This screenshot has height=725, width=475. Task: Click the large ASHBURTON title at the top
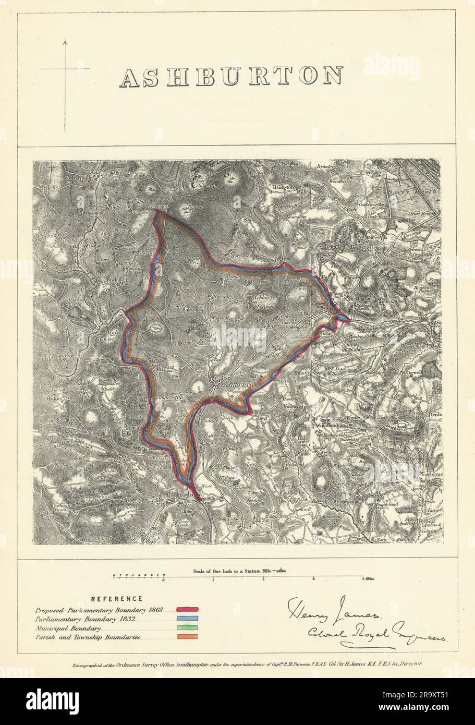point(231,77)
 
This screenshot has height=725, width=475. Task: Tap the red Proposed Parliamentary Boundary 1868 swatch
point(188,609)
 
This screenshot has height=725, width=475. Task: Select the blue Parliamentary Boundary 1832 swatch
point(188,619)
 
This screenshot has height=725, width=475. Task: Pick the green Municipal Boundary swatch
point(188,628)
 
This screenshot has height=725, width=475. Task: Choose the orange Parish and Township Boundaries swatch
point(188,637)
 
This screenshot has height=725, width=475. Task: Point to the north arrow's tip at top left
point(65,41)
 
